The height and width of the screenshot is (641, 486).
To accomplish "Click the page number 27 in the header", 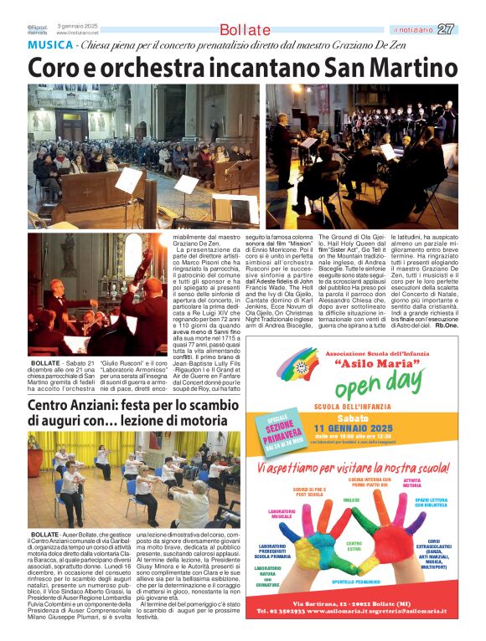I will pos(447,29).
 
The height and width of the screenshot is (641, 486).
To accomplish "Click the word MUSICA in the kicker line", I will pos(49,45).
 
